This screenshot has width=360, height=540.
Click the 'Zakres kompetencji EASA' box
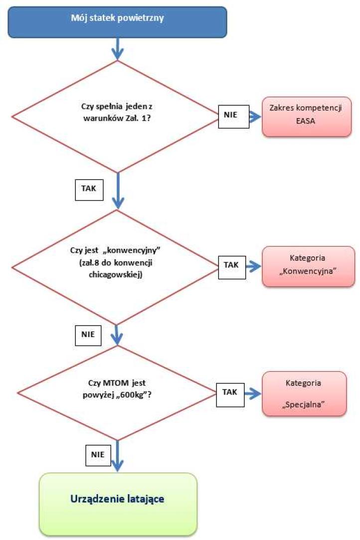[307, 117]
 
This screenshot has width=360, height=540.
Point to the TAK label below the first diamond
[89, 189]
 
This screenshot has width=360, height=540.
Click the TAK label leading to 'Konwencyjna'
[231, 265]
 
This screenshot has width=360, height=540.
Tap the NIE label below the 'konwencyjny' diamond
[89, 334]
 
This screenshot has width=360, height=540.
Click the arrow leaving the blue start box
[117, 49]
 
